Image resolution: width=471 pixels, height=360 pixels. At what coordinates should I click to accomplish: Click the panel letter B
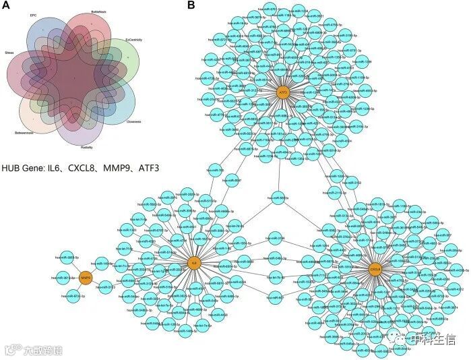pyautogui.click(x=191, y=5)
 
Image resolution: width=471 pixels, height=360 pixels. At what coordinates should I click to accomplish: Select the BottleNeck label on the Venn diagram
pyautogui.click(x=99, y=13)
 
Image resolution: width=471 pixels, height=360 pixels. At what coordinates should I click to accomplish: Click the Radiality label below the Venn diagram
pyautogui.click(x=86, y=146)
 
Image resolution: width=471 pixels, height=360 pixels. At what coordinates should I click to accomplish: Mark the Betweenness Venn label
pyautogui.click(x=26, y=133)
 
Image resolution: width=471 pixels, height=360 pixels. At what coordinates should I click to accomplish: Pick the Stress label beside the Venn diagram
pyautogui.click(x=9, y=52)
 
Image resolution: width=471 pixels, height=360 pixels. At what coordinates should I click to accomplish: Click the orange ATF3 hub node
pyautogui.click(x=283, y=92)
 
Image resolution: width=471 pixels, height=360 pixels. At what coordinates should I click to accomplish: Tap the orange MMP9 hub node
pyautogui.click(x=86, y=277)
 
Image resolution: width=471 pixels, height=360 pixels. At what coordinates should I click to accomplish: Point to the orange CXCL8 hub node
pyautogui.click(x=375, y=269)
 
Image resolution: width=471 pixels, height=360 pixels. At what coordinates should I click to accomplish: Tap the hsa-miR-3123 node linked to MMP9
pyautogui.click(x=106, y=287)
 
